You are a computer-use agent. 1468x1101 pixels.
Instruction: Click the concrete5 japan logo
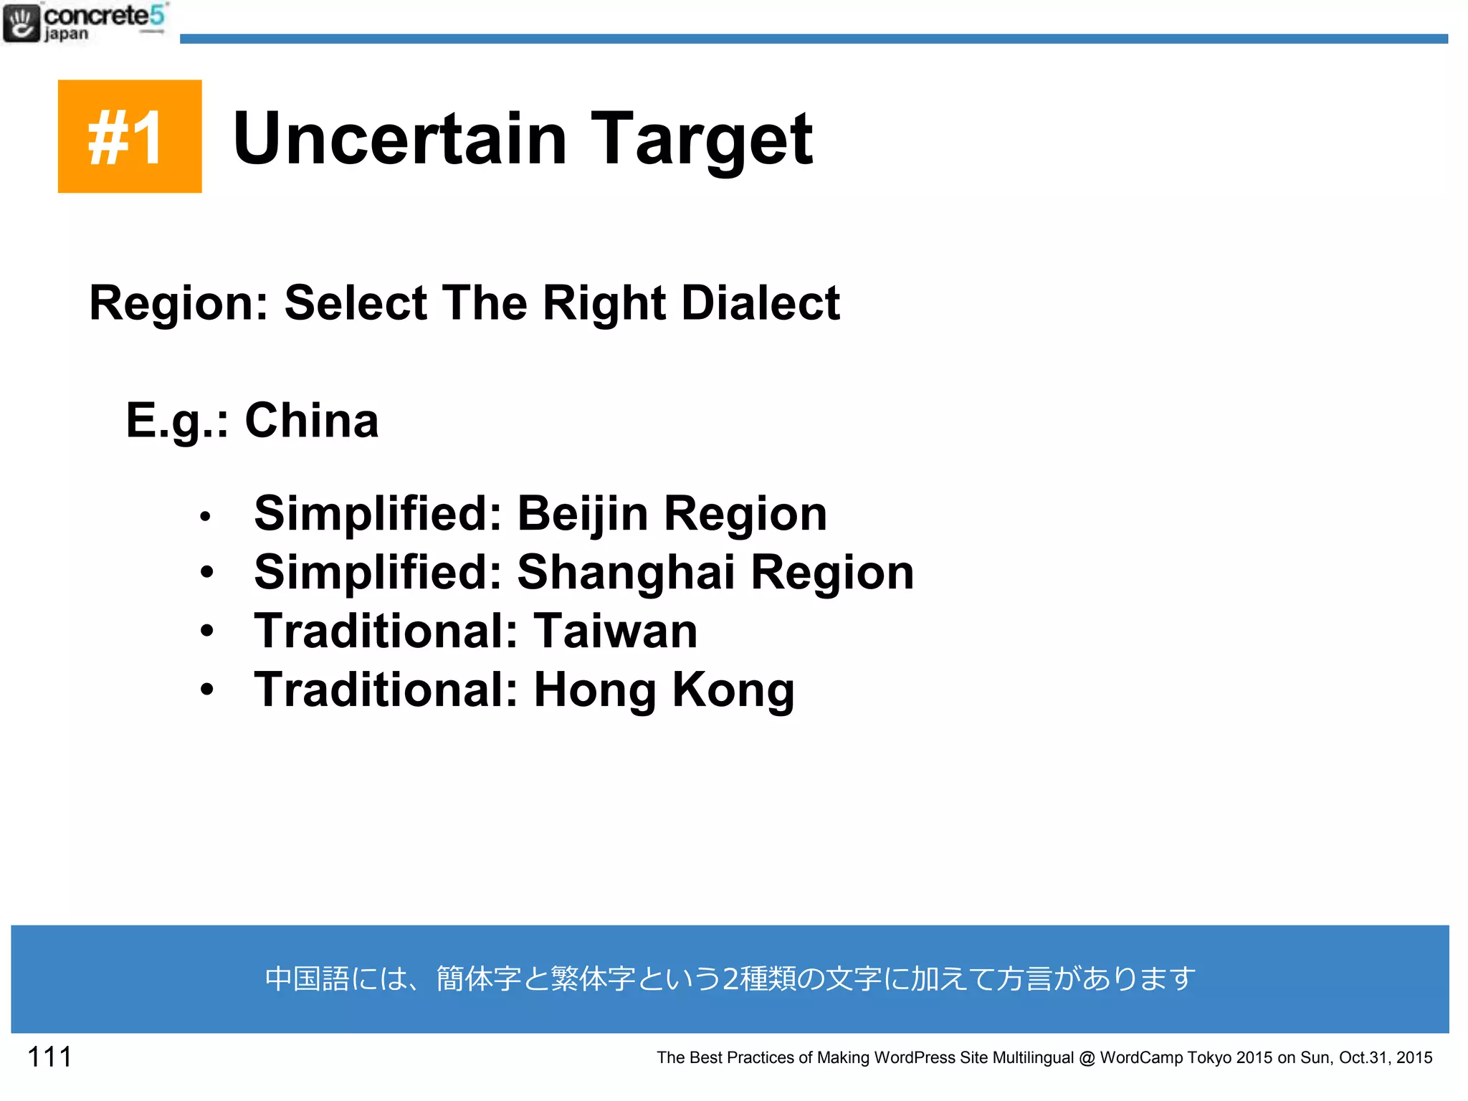85,23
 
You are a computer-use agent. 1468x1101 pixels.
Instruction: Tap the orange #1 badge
130,136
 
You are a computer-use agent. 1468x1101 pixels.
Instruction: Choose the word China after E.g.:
312,420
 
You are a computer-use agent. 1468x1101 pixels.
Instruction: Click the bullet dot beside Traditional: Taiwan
207,631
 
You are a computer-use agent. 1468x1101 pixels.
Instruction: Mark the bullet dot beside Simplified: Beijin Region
206,516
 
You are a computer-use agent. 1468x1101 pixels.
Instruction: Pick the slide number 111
49,1057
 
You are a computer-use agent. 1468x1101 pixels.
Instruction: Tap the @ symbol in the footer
1087,1058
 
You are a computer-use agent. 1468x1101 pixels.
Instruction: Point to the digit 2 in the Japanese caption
730,979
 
